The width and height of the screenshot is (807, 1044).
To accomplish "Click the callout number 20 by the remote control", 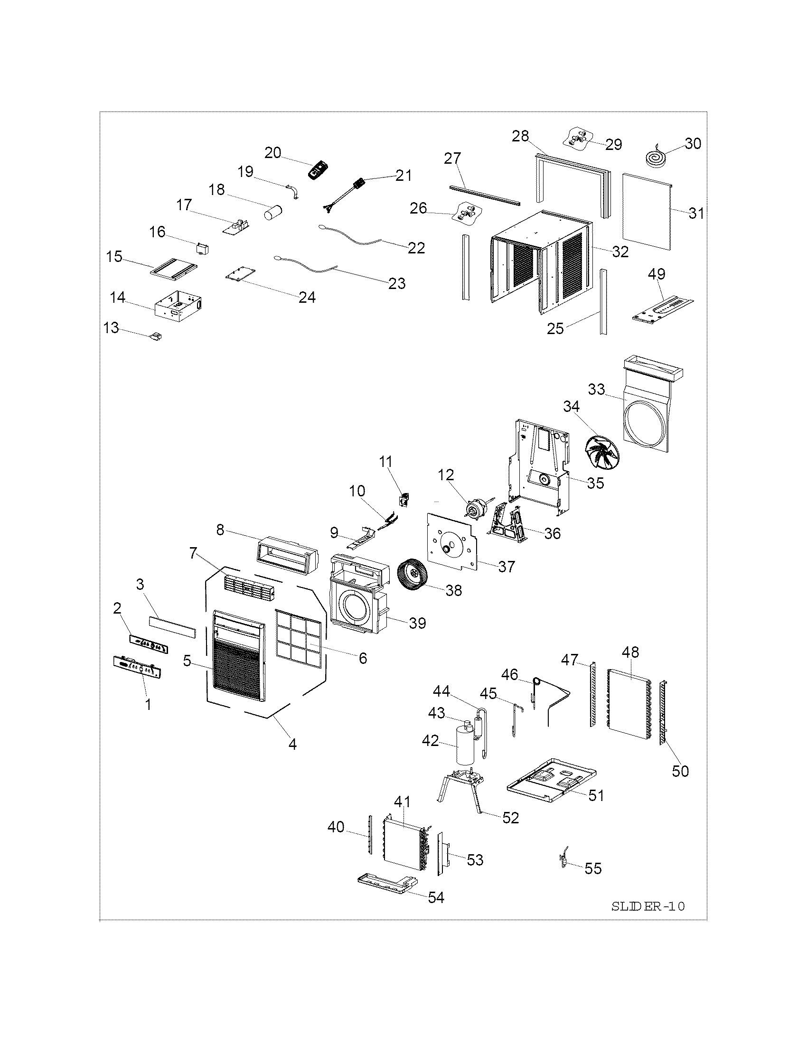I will tap(273, 152).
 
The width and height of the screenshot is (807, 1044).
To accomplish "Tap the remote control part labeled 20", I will tap(319, 171).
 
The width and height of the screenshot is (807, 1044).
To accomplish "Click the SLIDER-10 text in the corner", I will tap(648, 906).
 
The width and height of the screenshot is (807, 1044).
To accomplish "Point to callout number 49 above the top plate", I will tap(657, 274).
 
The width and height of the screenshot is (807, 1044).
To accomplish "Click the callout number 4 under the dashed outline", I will tap(292, 744).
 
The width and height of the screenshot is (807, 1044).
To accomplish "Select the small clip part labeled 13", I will tap(157, 336).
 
